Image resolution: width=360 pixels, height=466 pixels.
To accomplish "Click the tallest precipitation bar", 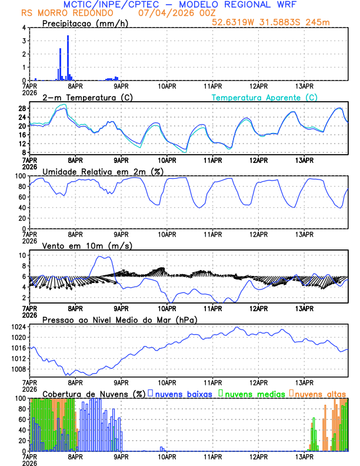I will pos(68,58).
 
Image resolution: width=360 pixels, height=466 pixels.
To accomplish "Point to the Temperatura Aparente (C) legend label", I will pos(265,97).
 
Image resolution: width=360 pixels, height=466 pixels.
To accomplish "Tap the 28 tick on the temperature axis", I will pos(21,109).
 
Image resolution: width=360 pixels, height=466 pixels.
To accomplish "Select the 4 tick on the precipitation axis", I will pos(23,28).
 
